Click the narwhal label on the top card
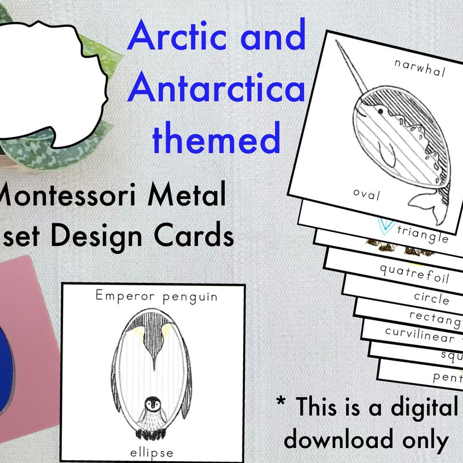click(x=420, y=68)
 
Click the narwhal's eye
click(x=380, y=109)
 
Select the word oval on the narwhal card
click(x=367, y=195)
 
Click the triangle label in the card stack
click(x=424, y=236)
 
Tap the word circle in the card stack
click(x=431, y=298)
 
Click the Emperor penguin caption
click(x=157, y=297)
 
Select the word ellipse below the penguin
click(x=153, y=451)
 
